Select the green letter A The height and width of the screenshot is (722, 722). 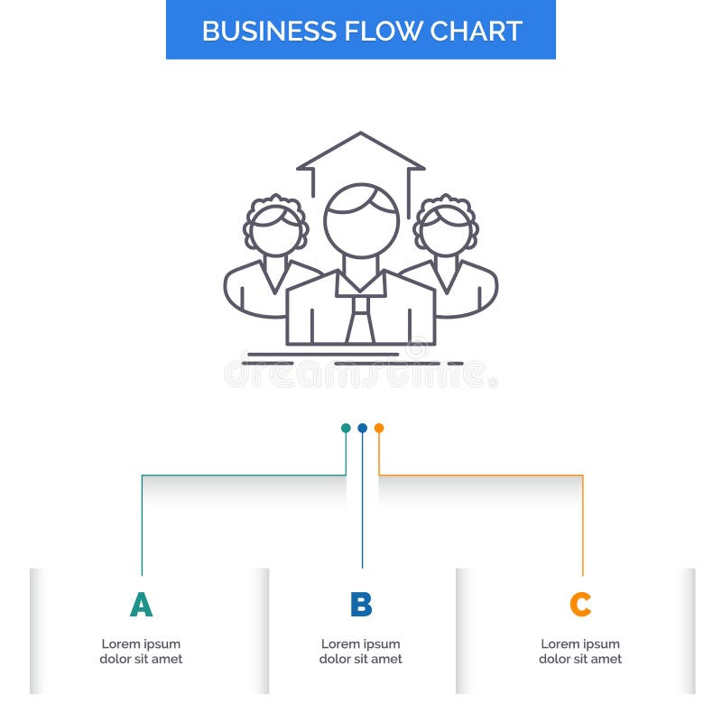(x=141, y=605)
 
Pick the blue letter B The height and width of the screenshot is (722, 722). (x=361, y=605)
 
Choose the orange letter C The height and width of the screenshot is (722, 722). (x=580, y=605)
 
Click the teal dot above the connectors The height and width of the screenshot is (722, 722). (x=346, y=428)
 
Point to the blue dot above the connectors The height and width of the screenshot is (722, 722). (x=362, y=428)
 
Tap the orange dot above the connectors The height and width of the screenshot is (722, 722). (x=379, y=428)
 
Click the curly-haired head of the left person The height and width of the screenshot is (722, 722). (x=275, y=226)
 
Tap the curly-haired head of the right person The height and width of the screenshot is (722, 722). (x=447, y=226)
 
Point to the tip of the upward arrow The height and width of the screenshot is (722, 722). (x=361, y=134)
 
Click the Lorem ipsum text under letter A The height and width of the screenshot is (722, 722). (x=141, y=652)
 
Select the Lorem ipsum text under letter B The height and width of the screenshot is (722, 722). (x=361, y=652)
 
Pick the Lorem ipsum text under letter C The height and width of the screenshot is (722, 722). (x=580, y=652)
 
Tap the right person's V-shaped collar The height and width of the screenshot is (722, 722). (x=447, y=273)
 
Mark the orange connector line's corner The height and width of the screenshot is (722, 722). (x=582, y=475)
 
